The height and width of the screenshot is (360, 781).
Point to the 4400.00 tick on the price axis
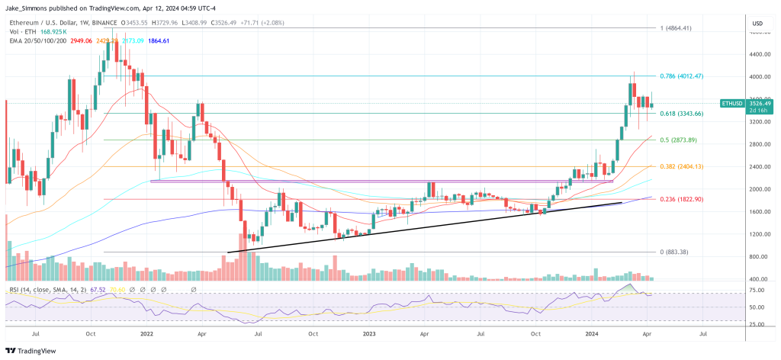click(757, 54)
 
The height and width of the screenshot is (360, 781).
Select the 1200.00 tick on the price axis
click(757, 234)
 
